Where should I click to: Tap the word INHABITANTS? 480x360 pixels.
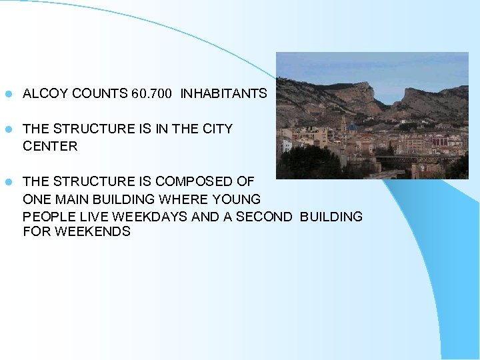(x=223, y=94)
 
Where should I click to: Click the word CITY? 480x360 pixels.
(x=217, y=129)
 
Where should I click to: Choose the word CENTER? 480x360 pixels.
(x=50, y=146)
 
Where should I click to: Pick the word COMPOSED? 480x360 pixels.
(x=190, y=181)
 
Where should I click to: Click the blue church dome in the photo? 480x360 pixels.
(x=351, y=127)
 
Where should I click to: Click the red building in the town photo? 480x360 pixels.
(x=439, y=141)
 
